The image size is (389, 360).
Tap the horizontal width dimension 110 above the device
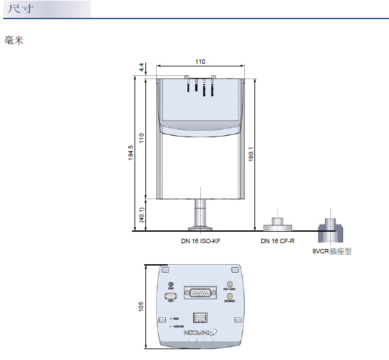[x=200, y=62]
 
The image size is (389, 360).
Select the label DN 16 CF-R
[x=277, y=241]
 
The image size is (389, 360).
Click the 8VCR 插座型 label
[x=332, y=251]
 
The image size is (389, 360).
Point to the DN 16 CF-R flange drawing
[x=278, y=223]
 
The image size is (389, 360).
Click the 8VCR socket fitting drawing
[x=331, y=223]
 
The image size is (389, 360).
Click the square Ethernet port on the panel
[x=200, y=317]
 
